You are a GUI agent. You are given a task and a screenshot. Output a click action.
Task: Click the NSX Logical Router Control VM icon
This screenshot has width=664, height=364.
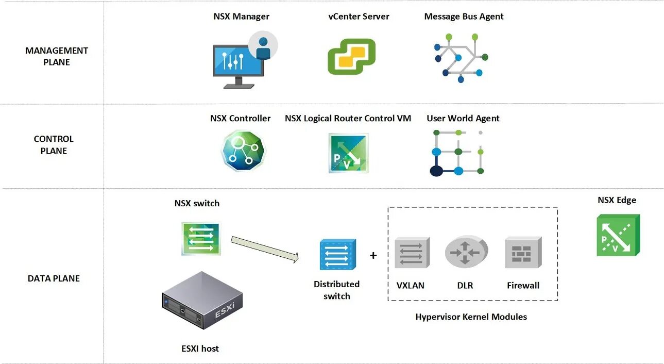click(x=348, y=153)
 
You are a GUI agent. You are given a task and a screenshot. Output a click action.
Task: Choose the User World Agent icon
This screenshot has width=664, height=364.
click(x=457, y=153)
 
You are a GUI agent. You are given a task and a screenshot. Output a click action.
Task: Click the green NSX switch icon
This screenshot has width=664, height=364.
click(x=201, y=239)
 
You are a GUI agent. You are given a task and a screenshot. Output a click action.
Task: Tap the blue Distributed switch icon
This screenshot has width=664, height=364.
click(x=337, y=254)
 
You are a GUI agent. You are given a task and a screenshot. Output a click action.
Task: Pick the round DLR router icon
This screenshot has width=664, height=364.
click(x=465, y=252)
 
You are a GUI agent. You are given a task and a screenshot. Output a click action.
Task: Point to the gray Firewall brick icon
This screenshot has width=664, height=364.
click(x=522, y=253)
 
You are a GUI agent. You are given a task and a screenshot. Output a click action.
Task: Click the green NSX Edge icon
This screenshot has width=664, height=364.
click(x=618, y=236)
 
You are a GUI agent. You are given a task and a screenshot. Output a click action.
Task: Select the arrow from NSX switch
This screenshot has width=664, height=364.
click(x=265, y=249)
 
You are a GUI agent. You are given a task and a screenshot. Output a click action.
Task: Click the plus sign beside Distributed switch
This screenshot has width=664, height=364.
click(x=373, y=255)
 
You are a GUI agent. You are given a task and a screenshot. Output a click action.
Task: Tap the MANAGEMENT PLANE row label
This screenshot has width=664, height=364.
click(x=57, y=56)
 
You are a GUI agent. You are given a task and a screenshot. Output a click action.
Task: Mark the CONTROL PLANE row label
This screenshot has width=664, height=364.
click(x=54, y=145)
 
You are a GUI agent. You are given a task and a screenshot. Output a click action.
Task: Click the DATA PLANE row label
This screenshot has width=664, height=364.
click(x=54, y=278)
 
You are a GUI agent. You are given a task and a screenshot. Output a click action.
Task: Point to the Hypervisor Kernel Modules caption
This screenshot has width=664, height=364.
click(x=471, y=317)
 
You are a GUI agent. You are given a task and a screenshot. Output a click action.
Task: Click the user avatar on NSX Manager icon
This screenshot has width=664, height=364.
click(x=263, y=46)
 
